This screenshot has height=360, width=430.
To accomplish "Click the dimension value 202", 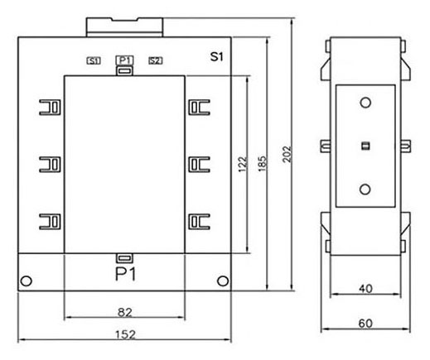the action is point(287,154).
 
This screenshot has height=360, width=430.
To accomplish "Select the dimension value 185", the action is point(262,164).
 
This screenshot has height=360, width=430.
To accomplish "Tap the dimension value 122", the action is point(242,165).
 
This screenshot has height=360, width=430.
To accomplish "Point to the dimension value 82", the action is point(125,312).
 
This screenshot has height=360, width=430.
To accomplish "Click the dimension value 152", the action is point(125,334).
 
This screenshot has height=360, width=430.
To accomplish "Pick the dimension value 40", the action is point(365,289).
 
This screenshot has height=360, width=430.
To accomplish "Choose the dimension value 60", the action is point(365,324).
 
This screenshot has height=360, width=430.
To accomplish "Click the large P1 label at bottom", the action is point(126,274).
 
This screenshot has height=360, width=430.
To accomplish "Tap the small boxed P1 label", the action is point(125,60).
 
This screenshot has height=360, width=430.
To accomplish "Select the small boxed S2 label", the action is point(156,60).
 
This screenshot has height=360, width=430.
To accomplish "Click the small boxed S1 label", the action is point(94,60).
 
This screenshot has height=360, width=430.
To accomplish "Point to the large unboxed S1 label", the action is point(216,56).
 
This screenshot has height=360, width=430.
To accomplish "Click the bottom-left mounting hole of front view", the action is point(27,281).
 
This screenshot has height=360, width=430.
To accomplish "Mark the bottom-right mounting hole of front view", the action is point(223,281).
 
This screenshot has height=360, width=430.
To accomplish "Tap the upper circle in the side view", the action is point(365,103).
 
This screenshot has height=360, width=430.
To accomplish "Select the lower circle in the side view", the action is point(365,190).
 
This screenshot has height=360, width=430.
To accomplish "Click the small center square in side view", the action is point(365,146).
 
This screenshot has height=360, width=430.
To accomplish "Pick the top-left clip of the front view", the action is point(50,108).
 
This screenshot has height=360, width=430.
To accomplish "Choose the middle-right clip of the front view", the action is point(199,165).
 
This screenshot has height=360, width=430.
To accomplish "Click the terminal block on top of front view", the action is point(124,27).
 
